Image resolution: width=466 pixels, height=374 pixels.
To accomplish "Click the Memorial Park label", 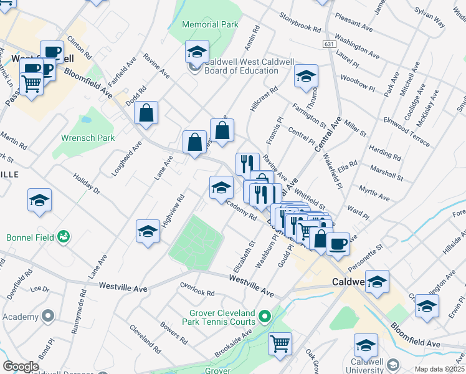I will point(210,25).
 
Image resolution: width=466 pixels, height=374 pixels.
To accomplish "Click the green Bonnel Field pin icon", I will point(63,236).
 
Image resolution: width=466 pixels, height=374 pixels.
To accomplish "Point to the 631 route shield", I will point(330,44).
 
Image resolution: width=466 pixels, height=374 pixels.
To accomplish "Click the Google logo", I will point(21,367).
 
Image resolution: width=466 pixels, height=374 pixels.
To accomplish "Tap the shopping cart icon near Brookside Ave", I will point(280,342).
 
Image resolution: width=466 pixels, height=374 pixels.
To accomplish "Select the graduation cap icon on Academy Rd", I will point(221,187).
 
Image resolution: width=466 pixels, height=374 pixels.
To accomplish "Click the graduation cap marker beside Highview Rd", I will point(148,231).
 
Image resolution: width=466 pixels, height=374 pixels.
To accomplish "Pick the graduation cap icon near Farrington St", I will point(305,77).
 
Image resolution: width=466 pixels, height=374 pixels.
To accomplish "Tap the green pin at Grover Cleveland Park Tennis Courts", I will point(264,317).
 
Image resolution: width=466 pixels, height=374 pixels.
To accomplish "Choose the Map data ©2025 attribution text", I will point(439,369).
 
